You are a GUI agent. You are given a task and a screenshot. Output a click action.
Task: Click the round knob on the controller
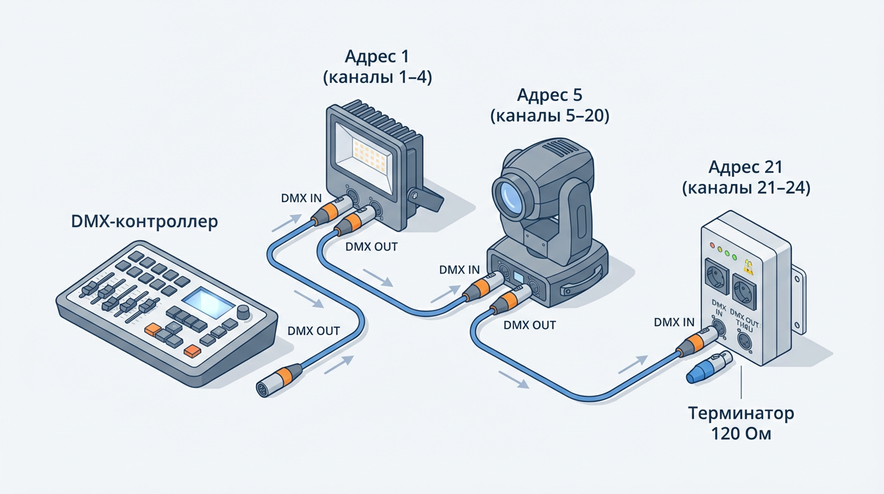tap(243, 313)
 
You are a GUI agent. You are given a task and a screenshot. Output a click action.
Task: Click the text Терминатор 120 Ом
tap(742, 423)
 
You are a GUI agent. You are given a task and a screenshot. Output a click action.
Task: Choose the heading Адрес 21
tap(745, 167)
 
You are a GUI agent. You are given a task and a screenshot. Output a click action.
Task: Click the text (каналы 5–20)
tap(549, 116)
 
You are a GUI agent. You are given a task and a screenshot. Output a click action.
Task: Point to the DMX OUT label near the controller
tap(314, 331)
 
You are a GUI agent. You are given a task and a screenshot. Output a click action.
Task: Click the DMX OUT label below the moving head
tap(529, 325)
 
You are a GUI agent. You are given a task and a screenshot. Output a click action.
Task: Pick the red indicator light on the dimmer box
tap(712, 245)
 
